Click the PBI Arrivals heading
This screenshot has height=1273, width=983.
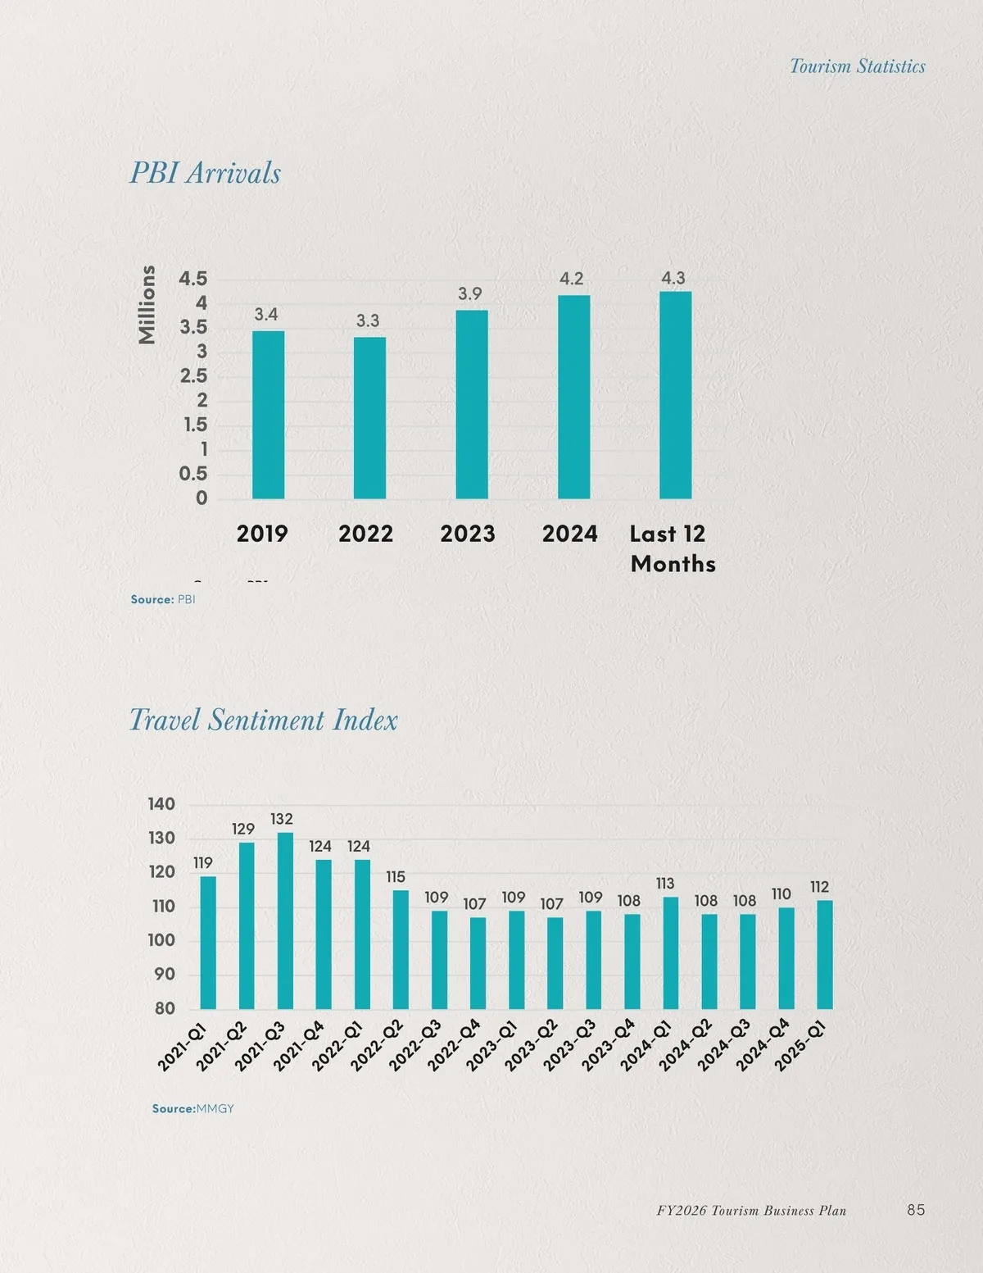click(205, 173)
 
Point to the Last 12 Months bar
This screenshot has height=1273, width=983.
click(675, 395)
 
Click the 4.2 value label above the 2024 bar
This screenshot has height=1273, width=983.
click(571, 279)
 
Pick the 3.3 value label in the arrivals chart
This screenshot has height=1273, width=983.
click(367, 321)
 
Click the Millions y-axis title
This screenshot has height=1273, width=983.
click(147, 304)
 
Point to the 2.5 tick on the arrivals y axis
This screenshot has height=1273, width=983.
click(193, 376)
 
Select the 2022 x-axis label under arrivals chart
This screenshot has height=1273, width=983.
click(365, 534)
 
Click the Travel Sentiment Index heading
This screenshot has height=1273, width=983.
click(263, 720)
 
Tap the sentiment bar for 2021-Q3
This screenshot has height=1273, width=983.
click(285, 921)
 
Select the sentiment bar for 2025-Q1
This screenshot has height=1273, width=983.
click(824, 954)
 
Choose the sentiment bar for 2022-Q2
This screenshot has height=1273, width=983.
click(401, 949)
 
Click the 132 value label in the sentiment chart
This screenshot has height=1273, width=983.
click(281, 819)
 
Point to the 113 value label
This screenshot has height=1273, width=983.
click(664, 883)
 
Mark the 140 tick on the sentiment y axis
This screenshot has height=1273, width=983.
click(161, 804)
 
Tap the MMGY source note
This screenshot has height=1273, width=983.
click(193, 1108)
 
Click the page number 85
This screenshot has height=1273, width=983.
click(916, 1210)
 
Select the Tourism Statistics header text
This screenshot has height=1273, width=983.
click(857, 66)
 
